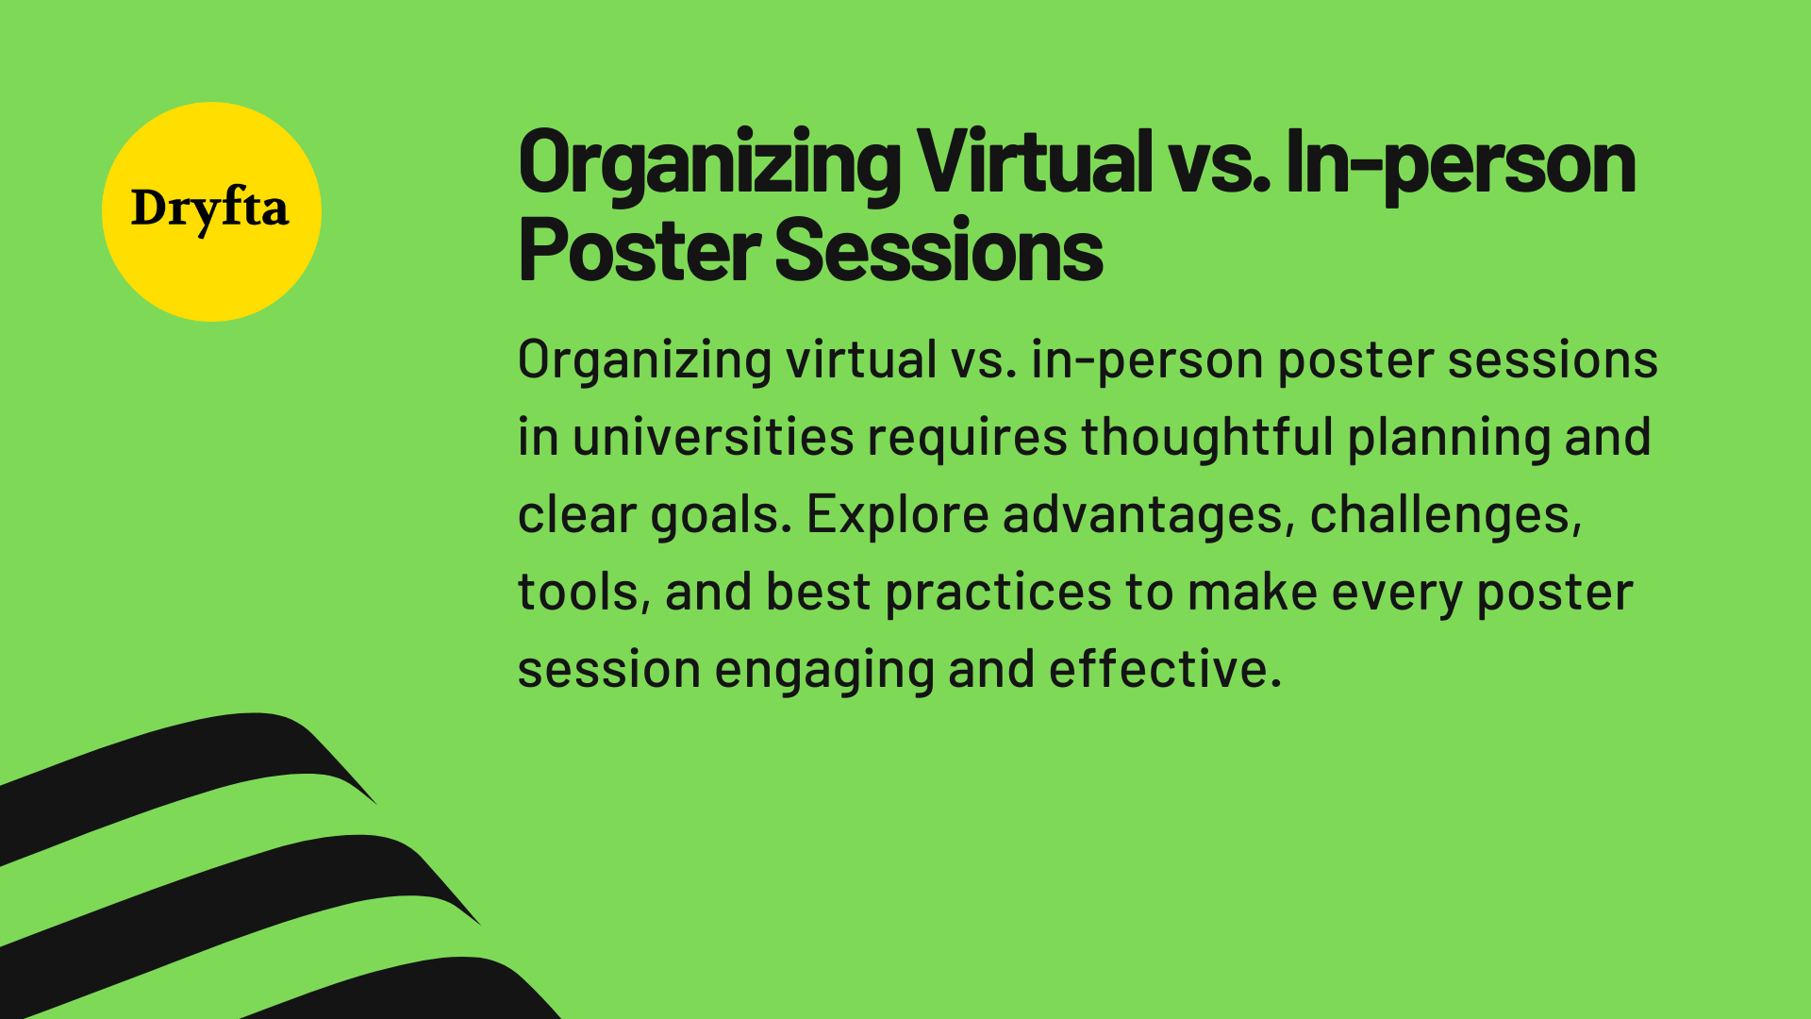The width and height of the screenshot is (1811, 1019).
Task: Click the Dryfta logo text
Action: click(x=209, y=209)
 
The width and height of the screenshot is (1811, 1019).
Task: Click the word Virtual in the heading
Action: click(x=1034, y=163)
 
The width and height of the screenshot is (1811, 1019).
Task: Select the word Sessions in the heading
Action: click(x=939, y=250)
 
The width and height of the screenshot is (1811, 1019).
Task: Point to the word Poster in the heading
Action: click(x=639, y=250)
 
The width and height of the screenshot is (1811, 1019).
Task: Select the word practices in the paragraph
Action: click(x=998, y=593)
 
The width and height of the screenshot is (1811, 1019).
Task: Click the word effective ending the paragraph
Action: click(x=1164, y=669)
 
